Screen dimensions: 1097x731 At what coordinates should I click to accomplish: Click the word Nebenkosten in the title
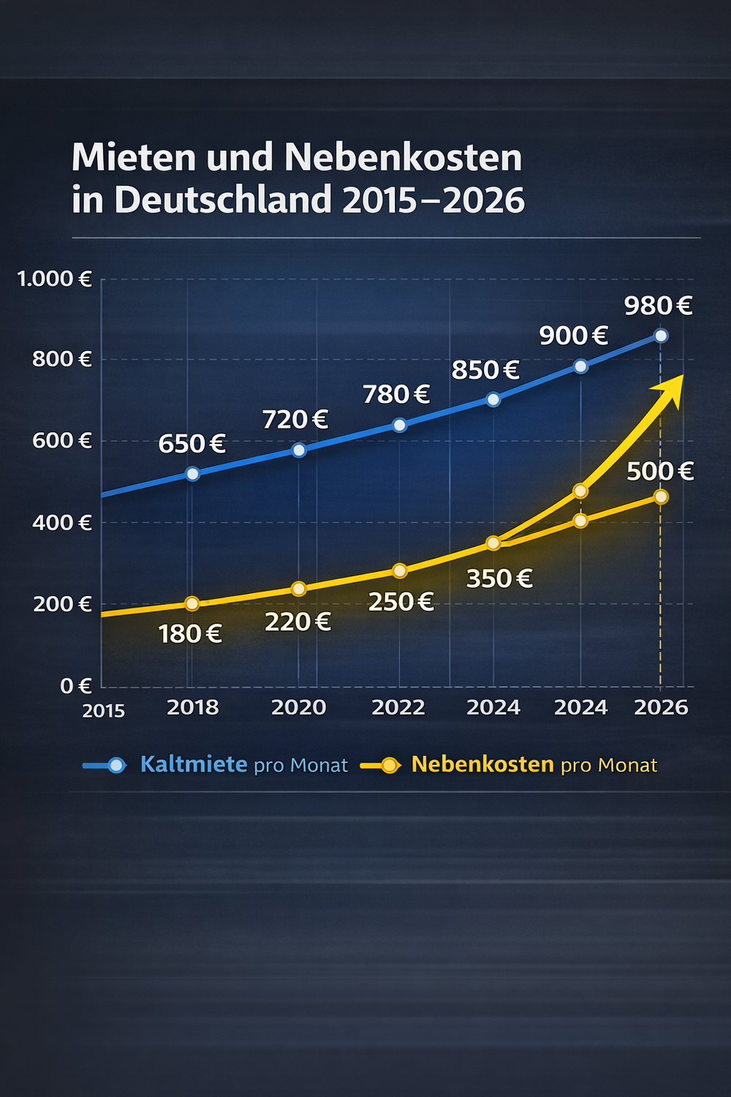click(403, 157)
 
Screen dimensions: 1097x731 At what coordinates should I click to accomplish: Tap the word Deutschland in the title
click(223, 200)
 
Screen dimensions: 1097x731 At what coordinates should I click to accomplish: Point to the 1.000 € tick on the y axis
click(54, 279)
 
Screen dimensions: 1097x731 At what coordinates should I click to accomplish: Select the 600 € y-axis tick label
click(62, 440)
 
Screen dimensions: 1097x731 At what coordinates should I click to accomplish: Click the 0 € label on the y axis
click(75, 686)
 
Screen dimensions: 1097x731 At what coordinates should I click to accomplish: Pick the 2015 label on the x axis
click(104, 711)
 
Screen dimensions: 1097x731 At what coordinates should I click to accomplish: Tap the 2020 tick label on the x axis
click(298, 707)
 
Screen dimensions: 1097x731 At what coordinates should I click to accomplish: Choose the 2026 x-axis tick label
click(661, 707)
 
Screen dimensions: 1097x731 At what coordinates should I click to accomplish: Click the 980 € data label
click(658, 305)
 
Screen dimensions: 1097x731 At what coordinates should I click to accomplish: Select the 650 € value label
click(192, 444)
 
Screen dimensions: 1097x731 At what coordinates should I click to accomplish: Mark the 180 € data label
click(190, 633)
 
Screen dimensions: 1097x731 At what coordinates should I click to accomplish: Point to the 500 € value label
click(660, 471)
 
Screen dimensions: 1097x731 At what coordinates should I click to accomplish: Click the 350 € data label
click(499, 578)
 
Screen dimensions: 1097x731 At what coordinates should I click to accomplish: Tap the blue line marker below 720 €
click(299, 450)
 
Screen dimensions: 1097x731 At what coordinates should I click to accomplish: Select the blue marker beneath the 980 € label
click(661, 336)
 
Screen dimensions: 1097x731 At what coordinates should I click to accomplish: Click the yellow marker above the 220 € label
click(298, 589)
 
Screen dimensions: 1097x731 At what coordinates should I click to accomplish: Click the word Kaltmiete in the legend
click(194, 764)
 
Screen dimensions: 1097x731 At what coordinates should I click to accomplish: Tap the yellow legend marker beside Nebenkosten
click(389, 766)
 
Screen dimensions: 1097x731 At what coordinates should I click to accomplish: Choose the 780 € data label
click(396, 395)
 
